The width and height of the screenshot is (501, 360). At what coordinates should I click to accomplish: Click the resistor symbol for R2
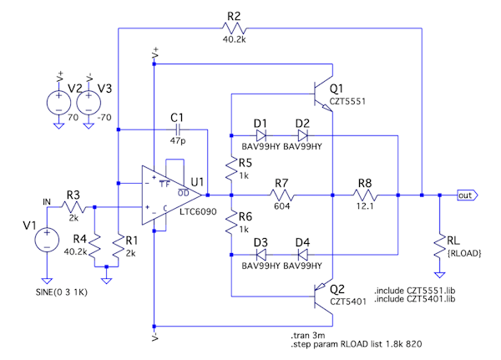click(233, 28)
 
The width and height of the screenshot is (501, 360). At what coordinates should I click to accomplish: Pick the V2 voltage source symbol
click(58, 103)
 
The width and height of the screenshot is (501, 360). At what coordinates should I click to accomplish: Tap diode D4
click(301, 254)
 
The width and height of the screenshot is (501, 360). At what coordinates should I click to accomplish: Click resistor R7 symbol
click(281, 195)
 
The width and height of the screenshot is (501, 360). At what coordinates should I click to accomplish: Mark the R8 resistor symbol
click(365, 195)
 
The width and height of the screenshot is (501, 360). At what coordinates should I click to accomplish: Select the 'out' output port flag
click(466, 195)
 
